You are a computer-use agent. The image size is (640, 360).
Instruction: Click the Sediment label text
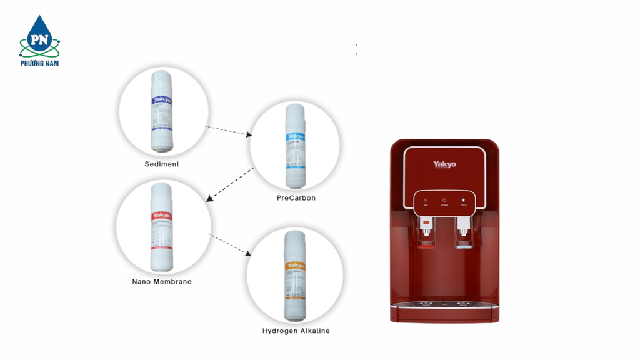pyautogui.click(x=162, y=164)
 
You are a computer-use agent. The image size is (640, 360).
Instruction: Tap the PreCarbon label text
pyautogui.click(x=296, y=198)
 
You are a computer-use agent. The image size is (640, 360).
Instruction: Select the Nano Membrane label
pyautogui.click(x=162, y=282)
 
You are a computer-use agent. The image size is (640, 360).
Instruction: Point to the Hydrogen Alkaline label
pyautogui.click(x=296, y=331)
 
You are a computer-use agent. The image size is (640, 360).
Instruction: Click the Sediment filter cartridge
pyautogui.click(x=162, y=111)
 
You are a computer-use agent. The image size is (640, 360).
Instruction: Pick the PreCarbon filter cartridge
pyautogui.click(x=296, y=146)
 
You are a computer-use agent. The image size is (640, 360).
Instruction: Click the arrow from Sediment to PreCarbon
pyautogui.click(x=228, y=130)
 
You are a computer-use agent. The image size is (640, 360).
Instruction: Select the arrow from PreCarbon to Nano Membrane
pyautogui.click(x=230, y=184)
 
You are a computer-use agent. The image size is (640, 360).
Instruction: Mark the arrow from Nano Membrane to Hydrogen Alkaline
pyautogui.click(x=230, y=244)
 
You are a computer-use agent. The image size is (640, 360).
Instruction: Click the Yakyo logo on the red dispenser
pyautogui.click(x=444, y=164)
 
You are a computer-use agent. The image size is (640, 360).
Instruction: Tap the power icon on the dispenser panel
pyautogui.click(x=444, y=201)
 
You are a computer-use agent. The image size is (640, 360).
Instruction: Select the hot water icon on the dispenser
pyautogui.click(x=426, y=201)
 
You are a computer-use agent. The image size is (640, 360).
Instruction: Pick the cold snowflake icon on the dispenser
pyautogui.click(x=463, y=201)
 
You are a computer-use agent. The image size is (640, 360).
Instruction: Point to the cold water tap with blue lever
pyautogui.click(x=462, y=229)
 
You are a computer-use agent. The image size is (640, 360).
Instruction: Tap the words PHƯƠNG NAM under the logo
pyautogui.click(x=39, y=63)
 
